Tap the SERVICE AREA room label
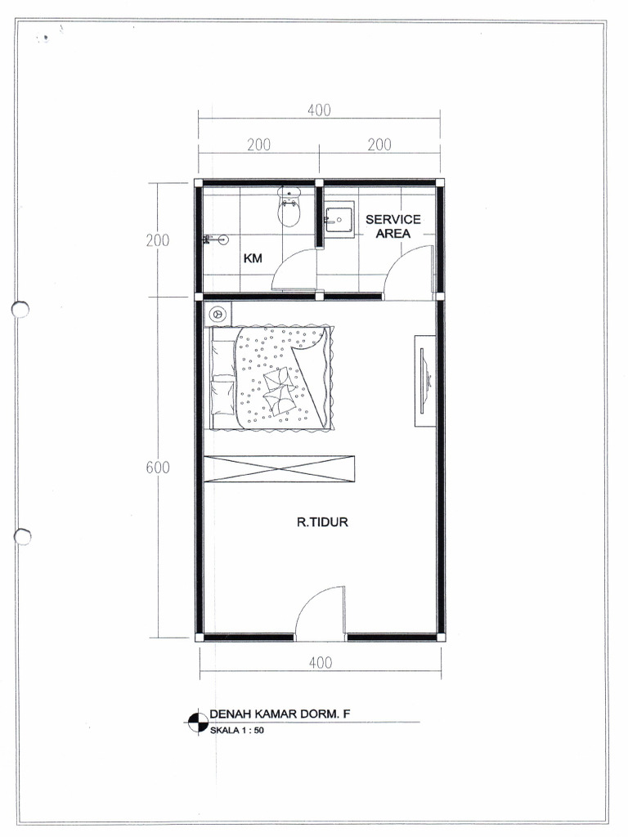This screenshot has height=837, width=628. [393, 226]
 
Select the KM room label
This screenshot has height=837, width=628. [253, 258]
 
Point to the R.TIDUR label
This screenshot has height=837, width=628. [322, 522]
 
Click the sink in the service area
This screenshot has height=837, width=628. [339, 219]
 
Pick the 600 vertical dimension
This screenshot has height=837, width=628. [158, 468]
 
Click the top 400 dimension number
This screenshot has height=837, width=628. [320, 110]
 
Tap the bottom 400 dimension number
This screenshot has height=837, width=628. [321, 663]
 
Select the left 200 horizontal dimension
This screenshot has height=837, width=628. [258, 145]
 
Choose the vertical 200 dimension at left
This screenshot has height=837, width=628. [158, 241]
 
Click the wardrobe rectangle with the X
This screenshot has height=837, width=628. [280, 469]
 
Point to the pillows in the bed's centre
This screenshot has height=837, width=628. [279, 390]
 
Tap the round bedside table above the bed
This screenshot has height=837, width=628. [218, 315]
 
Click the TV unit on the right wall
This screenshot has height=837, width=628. [425, 381]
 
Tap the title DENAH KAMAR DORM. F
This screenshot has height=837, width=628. [280, 714]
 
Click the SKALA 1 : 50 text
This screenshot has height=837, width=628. [236, 730]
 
